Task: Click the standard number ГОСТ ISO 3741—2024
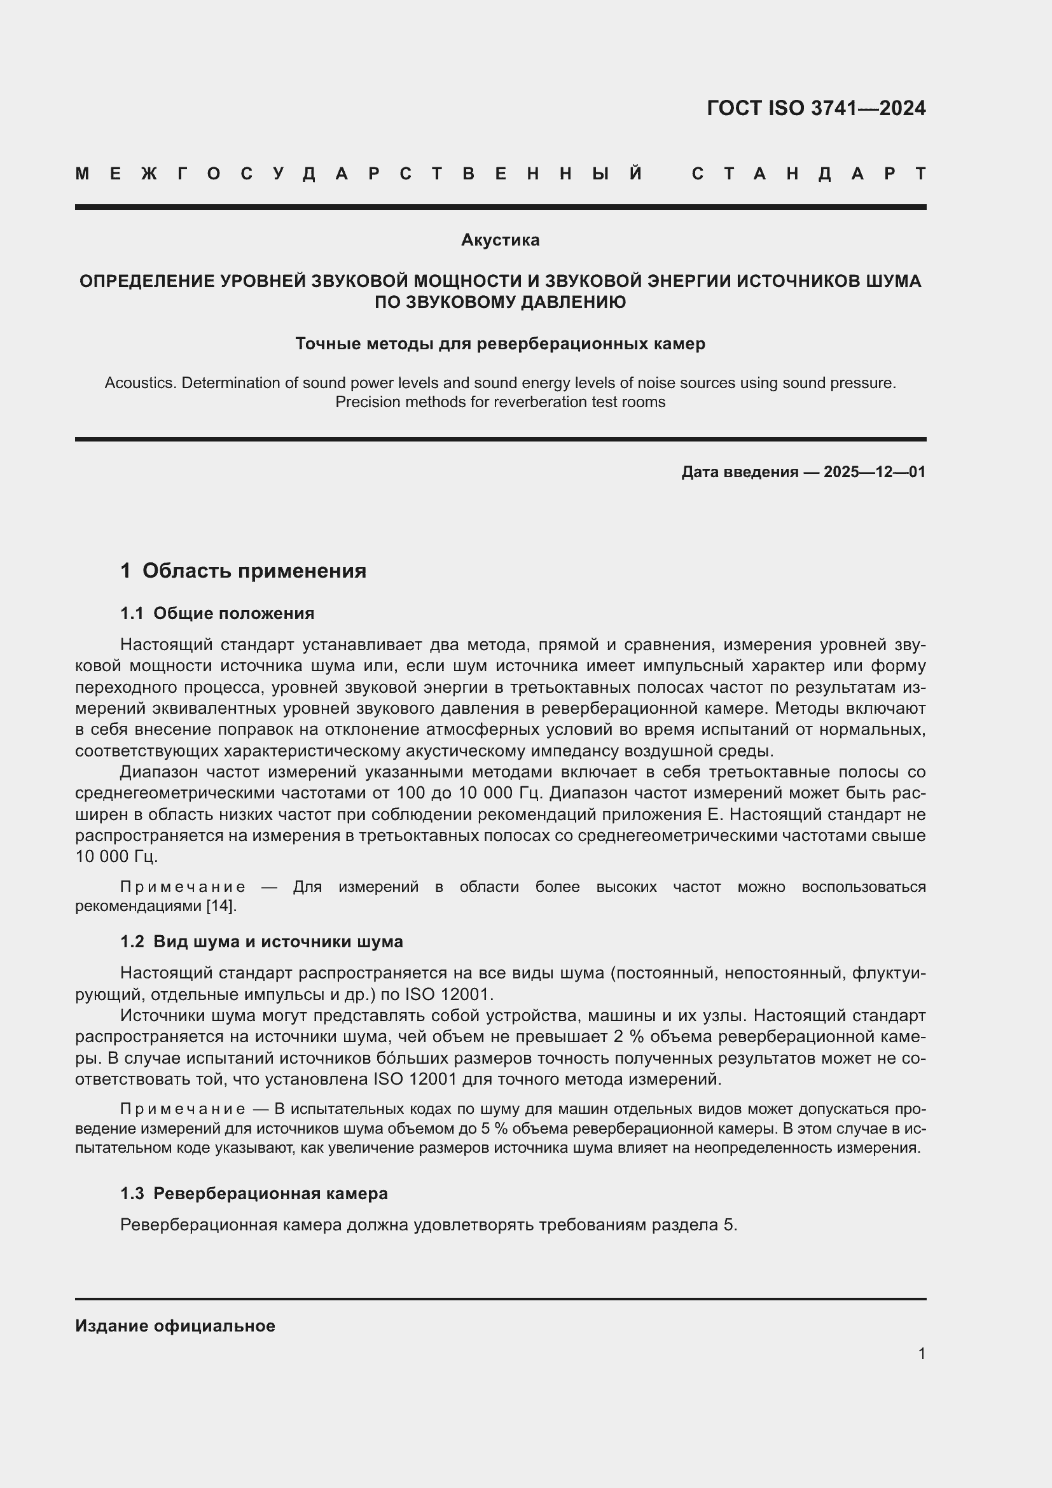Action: (x=815, y=108)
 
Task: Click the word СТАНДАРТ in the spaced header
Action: (x=808, y=174)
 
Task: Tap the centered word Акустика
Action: (x=500, y=240)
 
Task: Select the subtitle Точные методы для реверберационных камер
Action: (x=500, y=344)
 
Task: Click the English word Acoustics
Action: (x=140, y=383)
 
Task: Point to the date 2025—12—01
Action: (x=875, y=472)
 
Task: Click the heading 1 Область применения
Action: (x=243, y=571)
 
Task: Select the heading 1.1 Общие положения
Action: (x=217, y=613)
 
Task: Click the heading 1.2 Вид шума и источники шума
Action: (x=261, y=942)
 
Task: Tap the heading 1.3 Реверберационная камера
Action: (x=254, y=1193)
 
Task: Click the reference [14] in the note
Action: (x=221, y=905)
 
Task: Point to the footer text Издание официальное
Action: (x=175, y=1326)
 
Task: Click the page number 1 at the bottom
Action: (x=922, y=1354)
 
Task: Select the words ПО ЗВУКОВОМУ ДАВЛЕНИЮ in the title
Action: (x=500, y=302)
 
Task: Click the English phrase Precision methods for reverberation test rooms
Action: (x=500, y=402)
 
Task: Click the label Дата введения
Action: (x=739, y=472)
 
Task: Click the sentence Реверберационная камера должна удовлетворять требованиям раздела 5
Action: (x=429, y=1225)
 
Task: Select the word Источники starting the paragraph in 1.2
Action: (x=160, y=1015)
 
